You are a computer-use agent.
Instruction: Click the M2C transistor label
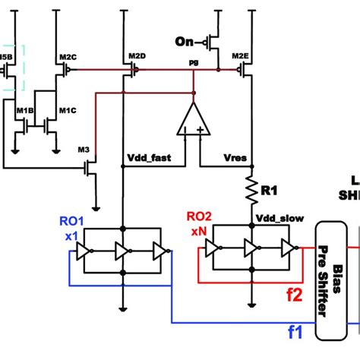67,57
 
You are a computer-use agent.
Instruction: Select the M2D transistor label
137,57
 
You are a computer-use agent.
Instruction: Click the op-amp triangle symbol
193,120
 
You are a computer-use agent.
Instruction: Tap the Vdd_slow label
279,218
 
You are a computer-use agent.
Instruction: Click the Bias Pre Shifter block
330,281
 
